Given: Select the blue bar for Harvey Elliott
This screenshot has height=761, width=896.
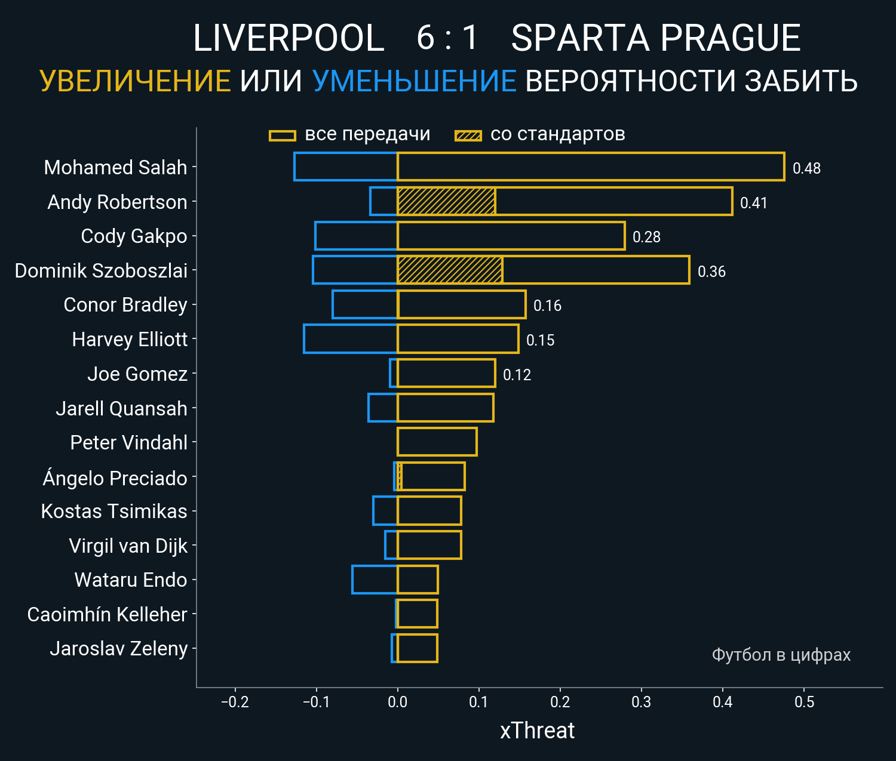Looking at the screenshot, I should point(351,339).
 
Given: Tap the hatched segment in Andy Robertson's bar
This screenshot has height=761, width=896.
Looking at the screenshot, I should point(446,202).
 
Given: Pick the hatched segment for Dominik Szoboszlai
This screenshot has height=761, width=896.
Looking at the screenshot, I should point(450,270).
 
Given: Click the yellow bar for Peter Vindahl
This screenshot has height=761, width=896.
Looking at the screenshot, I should point(437,442).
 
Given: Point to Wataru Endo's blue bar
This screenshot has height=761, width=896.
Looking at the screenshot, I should point(375,580).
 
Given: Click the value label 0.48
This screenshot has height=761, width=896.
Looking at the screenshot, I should point(806,168).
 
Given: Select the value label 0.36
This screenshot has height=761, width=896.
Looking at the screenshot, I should point(711,272).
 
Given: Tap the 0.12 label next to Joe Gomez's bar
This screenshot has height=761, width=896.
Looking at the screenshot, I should point(517,375).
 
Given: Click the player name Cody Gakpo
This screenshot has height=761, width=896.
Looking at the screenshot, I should point(134,236).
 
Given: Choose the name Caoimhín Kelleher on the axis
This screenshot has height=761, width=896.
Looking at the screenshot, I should point(107,614).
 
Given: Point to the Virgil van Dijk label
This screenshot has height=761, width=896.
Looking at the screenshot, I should point(128,546).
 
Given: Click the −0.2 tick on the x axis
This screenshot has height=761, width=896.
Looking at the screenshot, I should point(235,702).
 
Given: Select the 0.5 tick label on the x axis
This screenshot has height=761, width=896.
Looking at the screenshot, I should point(804,702).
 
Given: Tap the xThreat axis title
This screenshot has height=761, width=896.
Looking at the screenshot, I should point(537,731).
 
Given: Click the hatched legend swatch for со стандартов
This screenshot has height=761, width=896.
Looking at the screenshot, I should point(468,135).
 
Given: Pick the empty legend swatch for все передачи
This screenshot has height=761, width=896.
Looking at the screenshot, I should point(282,135).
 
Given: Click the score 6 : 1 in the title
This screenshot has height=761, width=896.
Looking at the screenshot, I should point(447,38).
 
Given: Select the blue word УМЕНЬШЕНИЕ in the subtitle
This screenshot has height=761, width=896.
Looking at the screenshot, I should point(414,81).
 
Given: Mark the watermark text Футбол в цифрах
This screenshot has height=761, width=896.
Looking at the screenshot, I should point(781,655).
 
